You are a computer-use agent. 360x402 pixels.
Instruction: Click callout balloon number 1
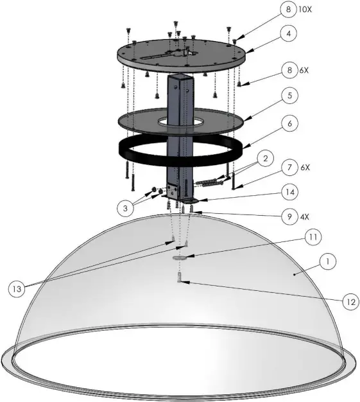pos(328,262)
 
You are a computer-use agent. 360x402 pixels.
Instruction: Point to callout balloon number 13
pos(19,288)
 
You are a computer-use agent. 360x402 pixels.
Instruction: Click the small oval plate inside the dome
pos(182,256)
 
